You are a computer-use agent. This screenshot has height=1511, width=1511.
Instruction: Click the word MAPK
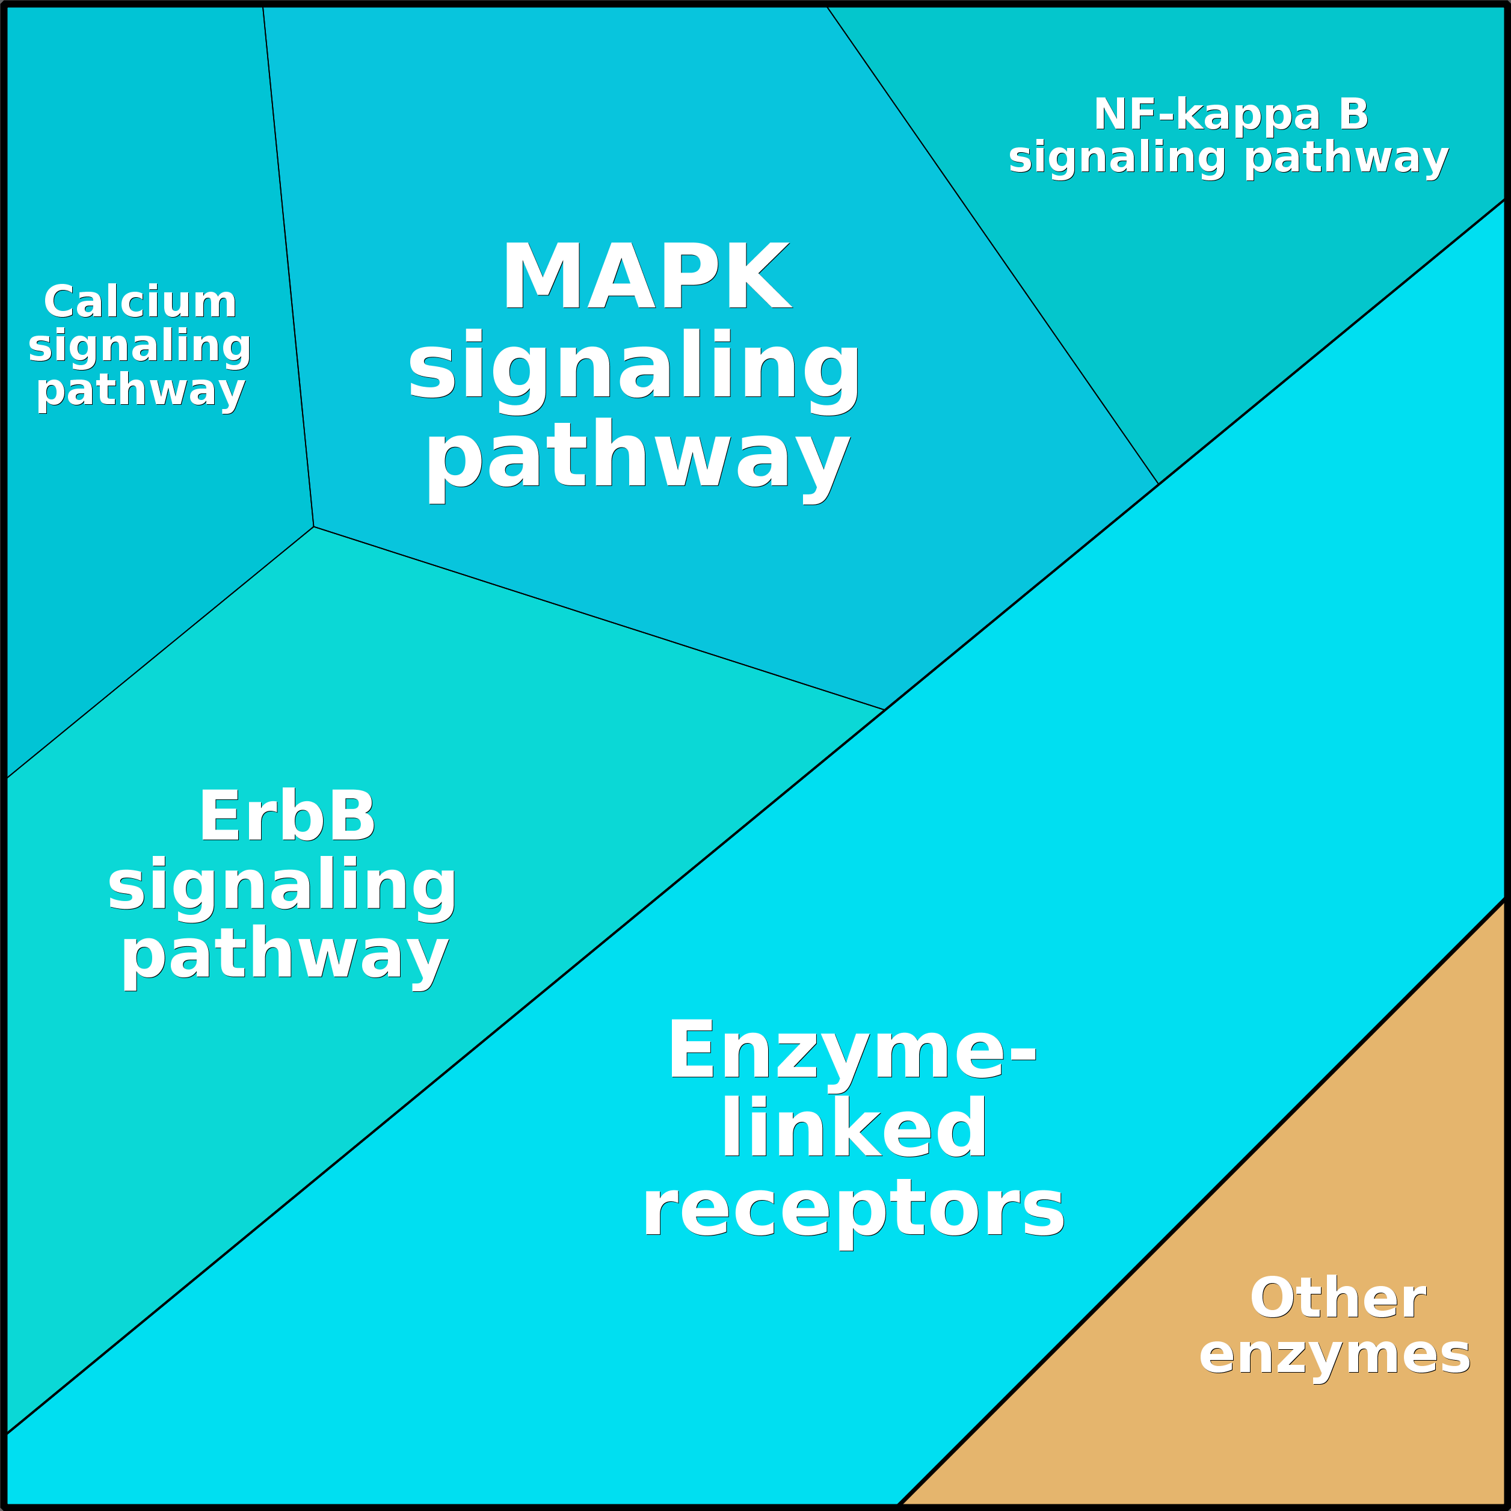(x=646, y=277)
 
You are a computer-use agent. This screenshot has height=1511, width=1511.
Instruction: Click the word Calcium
(x=140, y=303)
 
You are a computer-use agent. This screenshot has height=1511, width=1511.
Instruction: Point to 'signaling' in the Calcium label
(x=140, y=346)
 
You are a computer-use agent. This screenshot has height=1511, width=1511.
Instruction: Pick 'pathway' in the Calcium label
(x=141, y=390)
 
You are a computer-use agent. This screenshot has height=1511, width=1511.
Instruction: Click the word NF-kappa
(x=1207, y=115)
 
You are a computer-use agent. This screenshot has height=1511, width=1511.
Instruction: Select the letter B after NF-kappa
(x=1353, y=115)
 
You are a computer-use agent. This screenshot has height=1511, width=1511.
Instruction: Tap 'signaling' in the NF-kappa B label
(x=1117, y=159)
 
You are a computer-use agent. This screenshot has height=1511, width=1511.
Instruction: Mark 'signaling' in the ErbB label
(x=282, y=886)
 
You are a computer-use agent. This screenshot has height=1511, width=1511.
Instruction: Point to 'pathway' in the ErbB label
(x=285, y=955)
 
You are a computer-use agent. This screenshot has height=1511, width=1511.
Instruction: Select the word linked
(x=854, y=1128)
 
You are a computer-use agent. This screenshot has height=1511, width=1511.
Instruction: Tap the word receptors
(x=854, y=1209)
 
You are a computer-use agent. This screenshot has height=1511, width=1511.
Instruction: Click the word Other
(x=1338, y=1299)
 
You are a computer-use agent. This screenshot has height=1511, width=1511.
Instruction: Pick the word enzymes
(x=1335, y=1355)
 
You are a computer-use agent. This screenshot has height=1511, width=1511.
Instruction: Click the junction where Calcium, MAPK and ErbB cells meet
(x=313, y=526)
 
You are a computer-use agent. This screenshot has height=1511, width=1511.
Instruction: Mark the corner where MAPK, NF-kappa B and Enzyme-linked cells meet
(x=1159, y=484)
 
